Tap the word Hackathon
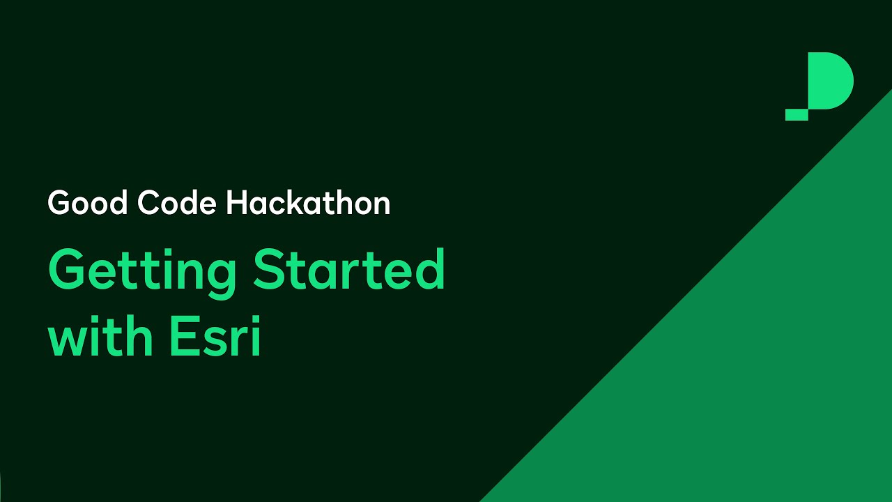click(x=308, y=204)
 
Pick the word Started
click(x=348, y=271)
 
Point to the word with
click(x=100, y=339)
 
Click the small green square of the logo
click(x=797, y=115)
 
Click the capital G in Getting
click(x=68, y=271)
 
